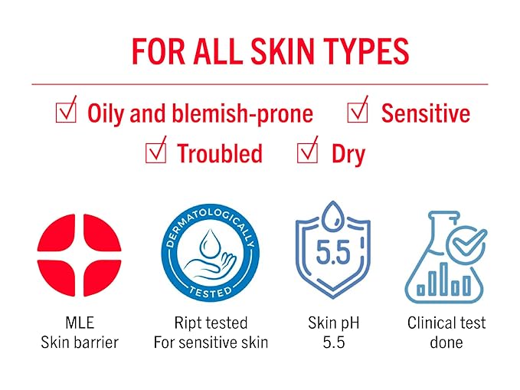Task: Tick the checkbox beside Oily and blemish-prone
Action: click(66, 113)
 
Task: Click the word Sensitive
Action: click(425, 113)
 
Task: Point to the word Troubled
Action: click(220, 153)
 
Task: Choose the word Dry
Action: click(348, 154)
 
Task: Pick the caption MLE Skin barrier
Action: click(80, 332)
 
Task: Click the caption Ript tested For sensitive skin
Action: click(211, 332)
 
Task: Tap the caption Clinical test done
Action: click(446, 332)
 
